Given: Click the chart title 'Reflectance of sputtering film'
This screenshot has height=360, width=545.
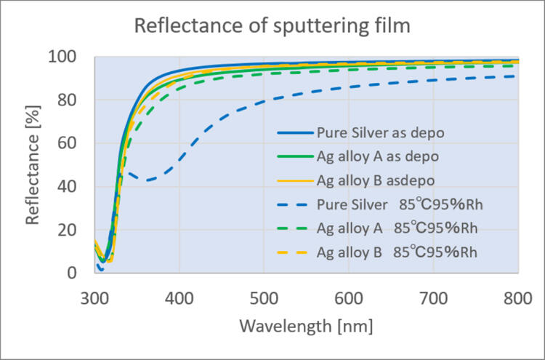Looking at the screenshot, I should [272, 28].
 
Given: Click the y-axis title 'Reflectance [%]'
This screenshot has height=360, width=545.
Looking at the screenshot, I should [33, 165].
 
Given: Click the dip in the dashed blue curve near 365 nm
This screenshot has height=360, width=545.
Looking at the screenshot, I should [149, 180].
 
